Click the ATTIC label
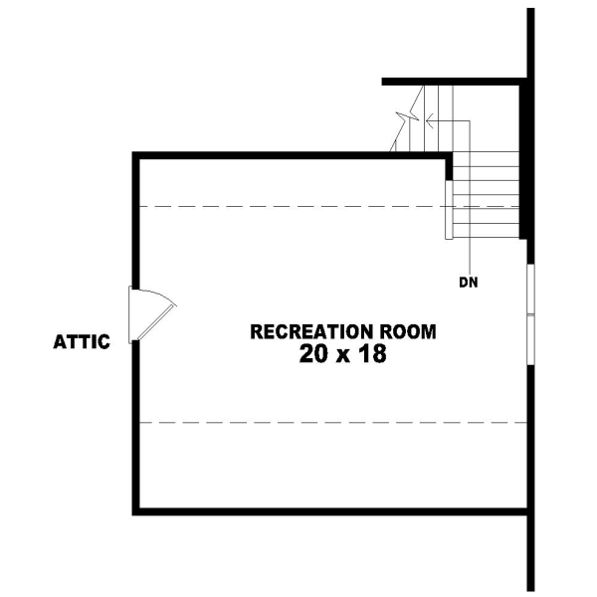[x=81, y=343]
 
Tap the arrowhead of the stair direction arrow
[x=428, y=121]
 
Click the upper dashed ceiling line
[x=289, y=206]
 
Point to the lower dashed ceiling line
[x=328, y=423]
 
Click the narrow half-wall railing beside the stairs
[x=449, y=210]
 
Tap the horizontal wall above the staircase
[x=453, y=81]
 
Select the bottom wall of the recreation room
[x=328, y=511]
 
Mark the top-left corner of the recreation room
[x=135, y=154]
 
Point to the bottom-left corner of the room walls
[x=135, y=511]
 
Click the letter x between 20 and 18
[x=342, y=356]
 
